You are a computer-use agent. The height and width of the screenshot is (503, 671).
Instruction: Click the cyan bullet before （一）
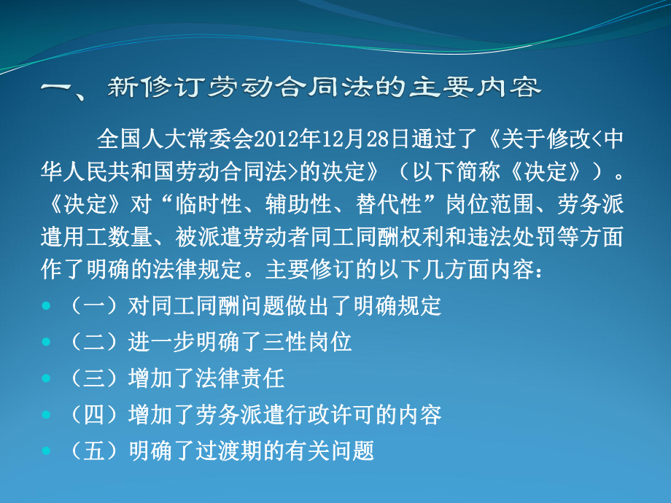[x=46, y=305]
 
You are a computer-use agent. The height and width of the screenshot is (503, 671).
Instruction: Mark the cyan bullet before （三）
[x=46, y=378]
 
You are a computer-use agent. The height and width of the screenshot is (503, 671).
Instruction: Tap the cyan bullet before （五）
[x=46, y=450]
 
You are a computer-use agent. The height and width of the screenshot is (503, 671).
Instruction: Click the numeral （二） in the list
[x=93, y=342]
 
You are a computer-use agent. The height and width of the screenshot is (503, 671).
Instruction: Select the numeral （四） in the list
[x=93, y=415]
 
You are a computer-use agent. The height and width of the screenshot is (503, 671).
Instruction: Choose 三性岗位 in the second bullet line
[x=307, y=342]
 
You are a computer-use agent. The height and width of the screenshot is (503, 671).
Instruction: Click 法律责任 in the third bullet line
[x=240, y=378]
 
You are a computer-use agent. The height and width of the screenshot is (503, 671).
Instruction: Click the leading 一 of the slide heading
[x=55, y=87]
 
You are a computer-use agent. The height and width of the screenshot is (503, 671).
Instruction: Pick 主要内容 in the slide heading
[x=475, y=87]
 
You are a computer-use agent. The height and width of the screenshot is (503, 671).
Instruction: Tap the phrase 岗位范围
[x=489, y=204]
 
